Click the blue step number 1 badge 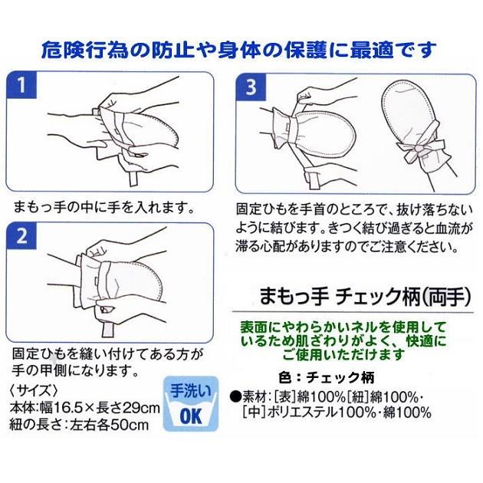pyautogui.click(x=21, y=85)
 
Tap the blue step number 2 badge pyautogui.click(x=21, y=236)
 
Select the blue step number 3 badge pyautogui.click(x=251, y=87)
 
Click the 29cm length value pyautogui.click(x=141, y=409)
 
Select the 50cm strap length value pyautogui.click(x=130, y=426)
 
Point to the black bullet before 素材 pyautogui.click(x=236, y=397)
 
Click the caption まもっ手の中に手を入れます pyautogui.click(x=104, y=207)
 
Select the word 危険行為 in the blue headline pyautogui.click(x=84, y=50)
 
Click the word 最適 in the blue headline pyautogui.click(x=372, y=50)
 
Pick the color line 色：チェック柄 pyautogui.click(x=326, y=377)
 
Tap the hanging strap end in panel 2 pyautogui.click(x=108, y=330)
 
